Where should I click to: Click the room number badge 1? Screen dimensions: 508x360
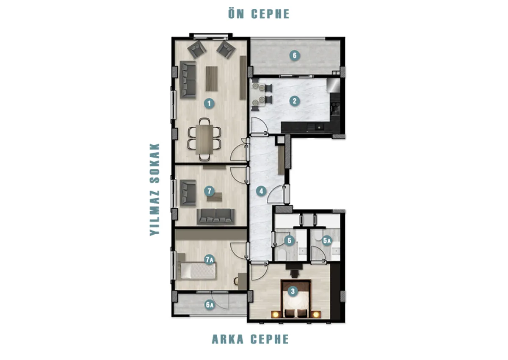click(x=209, y=104)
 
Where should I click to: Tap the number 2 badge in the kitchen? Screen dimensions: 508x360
click(x=295, y=101)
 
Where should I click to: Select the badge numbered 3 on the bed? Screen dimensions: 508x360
click(x=293, y=291)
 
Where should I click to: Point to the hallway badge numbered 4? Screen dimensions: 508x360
click(x=261, y=191)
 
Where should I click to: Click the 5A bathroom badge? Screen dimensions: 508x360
click(x=326, y=241)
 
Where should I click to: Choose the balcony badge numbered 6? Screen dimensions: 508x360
click(x=295, y=55)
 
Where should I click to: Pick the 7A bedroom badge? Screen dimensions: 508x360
click(x=209, y=260)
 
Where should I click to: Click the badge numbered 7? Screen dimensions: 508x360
click(x=209, y=191)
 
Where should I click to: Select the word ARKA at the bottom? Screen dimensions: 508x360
click(x=227, y=339)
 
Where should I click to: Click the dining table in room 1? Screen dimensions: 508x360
click(x=204, y=139)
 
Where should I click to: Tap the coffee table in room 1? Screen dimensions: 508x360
click(x=212, y=79)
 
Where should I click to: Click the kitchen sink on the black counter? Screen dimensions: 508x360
click(x=319, y=127)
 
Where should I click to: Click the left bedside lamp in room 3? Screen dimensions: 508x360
click(x=275, y=314)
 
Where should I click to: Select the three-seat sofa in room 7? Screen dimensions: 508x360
click(x=215, y=216)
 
